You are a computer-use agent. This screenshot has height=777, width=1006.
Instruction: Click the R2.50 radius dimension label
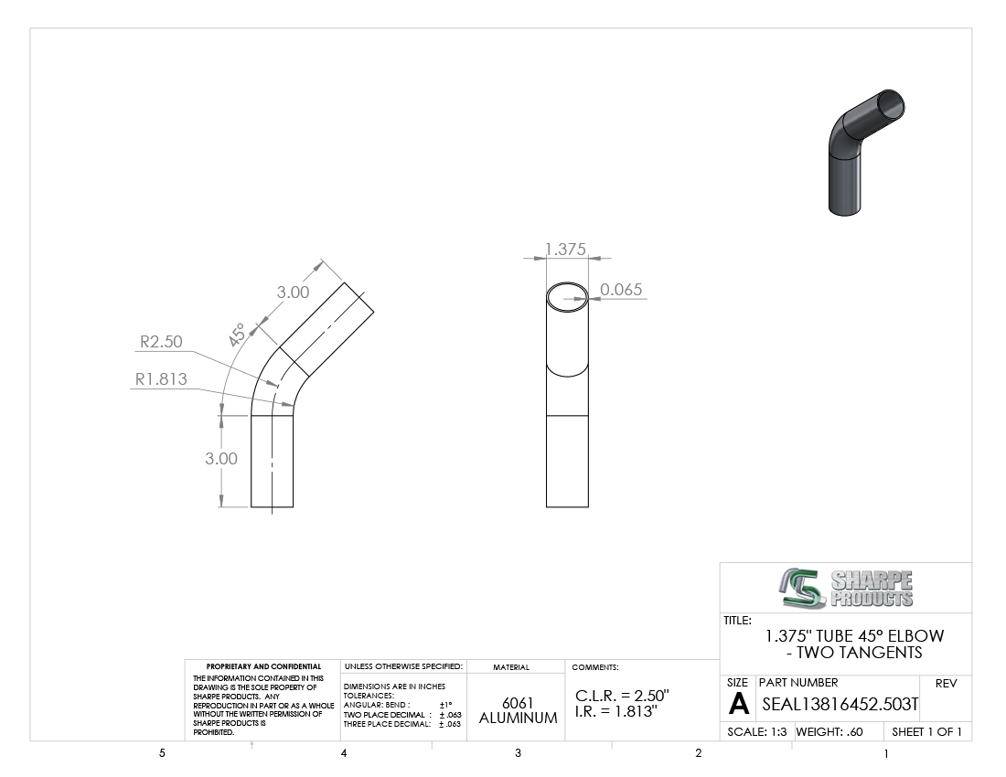point(161,342)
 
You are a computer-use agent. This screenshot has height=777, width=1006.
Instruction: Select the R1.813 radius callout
point(161,378)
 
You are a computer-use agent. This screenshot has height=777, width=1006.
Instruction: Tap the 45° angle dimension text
point(237,335)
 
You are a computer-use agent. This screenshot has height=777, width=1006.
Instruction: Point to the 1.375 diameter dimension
point(565,249)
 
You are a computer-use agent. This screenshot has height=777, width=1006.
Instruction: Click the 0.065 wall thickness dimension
point(621,290)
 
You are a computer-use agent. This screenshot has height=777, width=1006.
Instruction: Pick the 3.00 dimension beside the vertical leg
point(221,458)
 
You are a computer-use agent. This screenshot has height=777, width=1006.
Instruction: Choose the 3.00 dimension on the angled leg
point(294,293)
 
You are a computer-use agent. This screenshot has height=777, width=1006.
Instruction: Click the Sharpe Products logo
point(846,588)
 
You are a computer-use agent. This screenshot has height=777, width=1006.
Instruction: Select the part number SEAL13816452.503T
point(840,705)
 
